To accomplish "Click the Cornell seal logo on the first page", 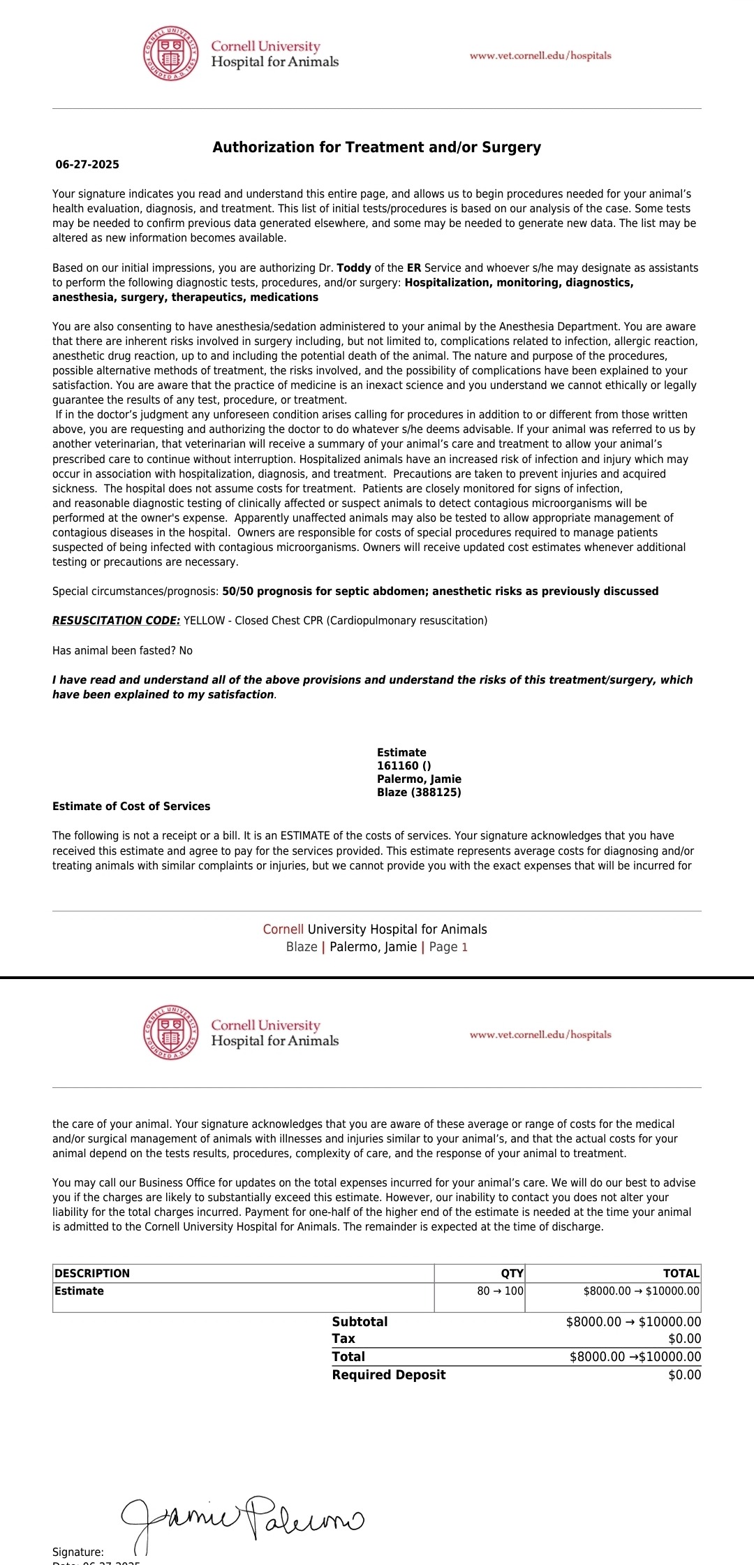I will pyautogui.click(x=170, y=54).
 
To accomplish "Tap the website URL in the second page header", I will pyautogui.click(x=540, y=1034).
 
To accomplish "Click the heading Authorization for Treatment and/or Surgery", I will pyautogui.click(x=377, y=147).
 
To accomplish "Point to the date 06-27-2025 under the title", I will pyautogui.click(x=87, y=165).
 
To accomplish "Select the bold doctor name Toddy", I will pyautogui.click(x=354, y=268).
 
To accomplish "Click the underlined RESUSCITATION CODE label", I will pyautogui.click(x=117, y=621).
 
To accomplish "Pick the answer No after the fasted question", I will pyautogui.click(x=186, y=651).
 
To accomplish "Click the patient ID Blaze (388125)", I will pyautogui.click(x=419, y=793).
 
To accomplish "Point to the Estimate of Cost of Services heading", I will pyautogui.click(x=131, y=807).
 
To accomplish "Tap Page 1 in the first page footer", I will pyautogui.click(x=448, y=948).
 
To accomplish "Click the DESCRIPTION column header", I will pyautogui.click(x=92, y=1273).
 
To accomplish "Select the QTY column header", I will pyautogui.click(x=512, y=1273).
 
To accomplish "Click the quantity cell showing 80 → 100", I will pyautogui.click(x=500, y=1291).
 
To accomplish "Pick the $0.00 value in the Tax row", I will pyautogui.click(x=684, y=1339).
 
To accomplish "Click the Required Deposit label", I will pyautogui.click(x=389, y=1375).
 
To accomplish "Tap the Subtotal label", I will pyautogui.click(x=360, y=1322).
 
